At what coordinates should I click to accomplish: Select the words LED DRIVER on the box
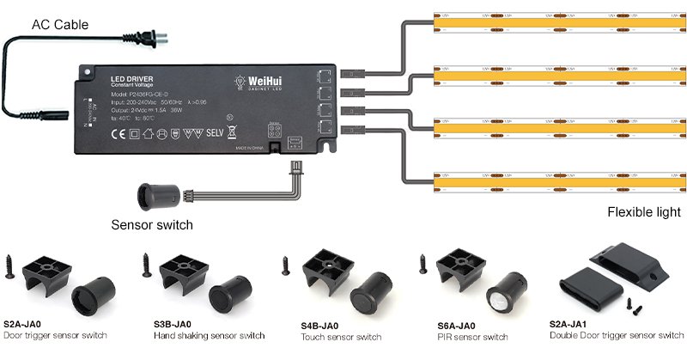tap(131, 79)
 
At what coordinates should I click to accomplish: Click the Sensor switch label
tap(152, 225)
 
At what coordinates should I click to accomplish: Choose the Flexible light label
tap(643, 212)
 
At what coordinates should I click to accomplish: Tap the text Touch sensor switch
tap(341, 337)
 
